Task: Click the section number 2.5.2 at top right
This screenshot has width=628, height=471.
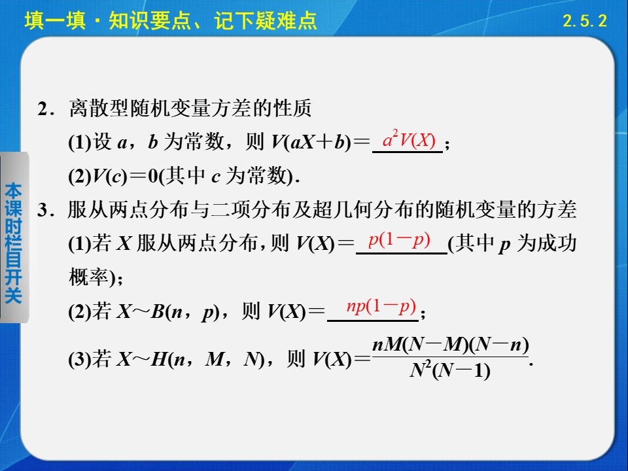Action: pos(585,21)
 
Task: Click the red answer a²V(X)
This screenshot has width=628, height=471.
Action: pos(409,140)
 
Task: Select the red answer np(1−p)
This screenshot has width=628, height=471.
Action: pos(381,306)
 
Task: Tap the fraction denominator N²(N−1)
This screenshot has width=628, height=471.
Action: pos(449,371)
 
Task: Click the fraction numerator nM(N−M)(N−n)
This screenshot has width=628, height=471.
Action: pos(449,345)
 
